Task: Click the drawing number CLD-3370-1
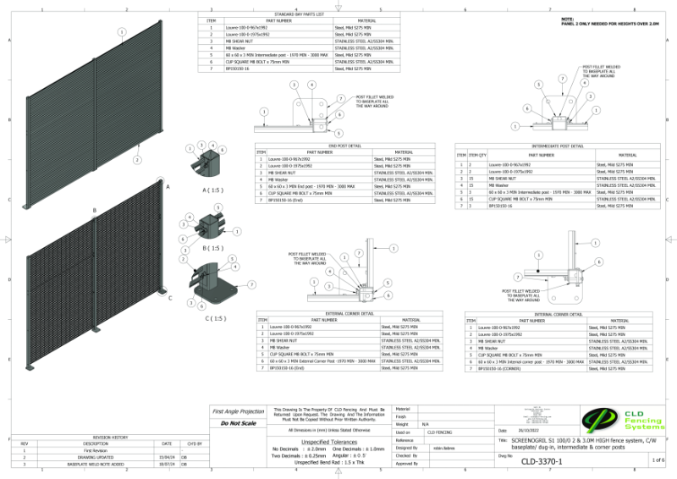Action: (541, 461)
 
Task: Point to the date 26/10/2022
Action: (540, 432)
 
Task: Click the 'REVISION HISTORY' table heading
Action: (110, 437)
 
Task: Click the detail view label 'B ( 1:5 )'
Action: (212, 248)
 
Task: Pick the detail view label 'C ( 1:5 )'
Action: (216, 318)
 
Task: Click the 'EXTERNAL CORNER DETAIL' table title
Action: (350, 313)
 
